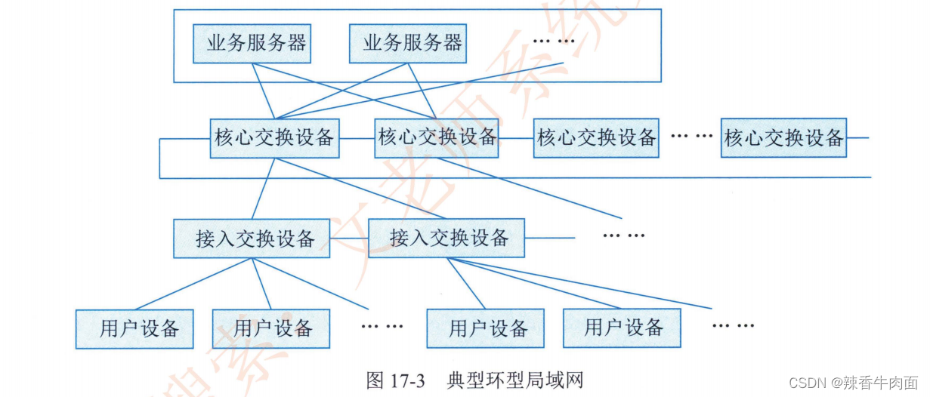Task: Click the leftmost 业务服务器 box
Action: (252, 44)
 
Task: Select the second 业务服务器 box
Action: (408, 44)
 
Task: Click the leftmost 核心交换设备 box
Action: (274, 138)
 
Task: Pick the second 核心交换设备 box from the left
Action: (437, 138)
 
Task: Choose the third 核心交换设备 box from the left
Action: (596, 138)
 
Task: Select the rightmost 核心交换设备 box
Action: (783, 138)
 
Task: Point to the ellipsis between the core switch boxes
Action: (691, 137)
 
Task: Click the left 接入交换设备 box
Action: (252, 239)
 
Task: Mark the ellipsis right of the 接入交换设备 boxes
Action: (623, 235)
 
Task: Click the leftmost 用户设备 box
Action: (134, 329)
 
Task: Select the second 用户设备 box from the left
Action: (271, 329)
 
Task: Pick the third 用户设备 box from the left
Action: (485, 329)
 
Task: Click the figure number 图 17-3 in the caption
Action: (396, 380)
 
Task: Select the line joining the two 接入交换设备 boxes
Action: (349, 239)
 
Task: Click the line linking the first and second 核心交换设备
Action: (357, 138)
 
